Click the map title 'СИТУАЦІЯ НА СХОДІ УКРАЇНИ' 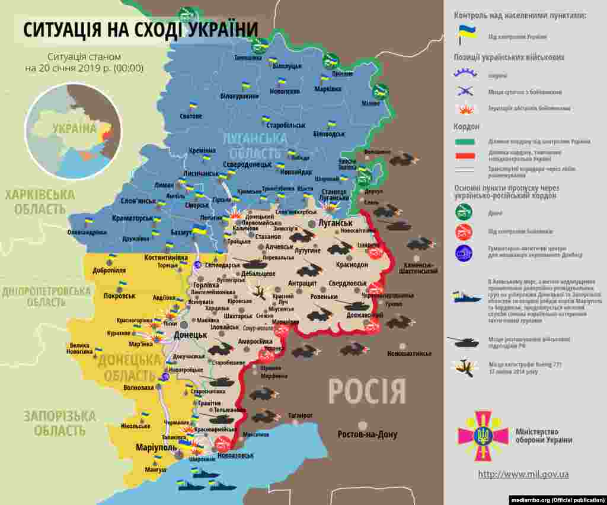pos(141,30)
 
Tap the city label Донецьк pos(190,335)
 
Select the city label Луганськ pos(335,223)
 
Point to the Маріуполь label pos(155,447)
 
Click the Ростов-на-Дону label pos(367,434)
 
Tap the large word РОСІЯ pos(367,392)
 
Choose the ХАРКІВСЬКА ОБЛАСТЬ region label pos(40,202)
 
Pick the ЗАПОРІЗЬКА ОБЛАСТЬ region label pos(59,423)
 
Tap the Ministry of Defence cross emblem pos(483,436)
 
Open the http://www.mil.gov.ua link pos(523,474)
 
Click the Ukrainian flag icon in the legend pos(466,35)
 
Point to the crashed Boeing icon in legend pos(464,368)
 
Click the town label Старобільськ pos(286,126)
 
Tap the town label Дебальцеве pos(258,274)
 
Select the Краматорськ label pos(136,218)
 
